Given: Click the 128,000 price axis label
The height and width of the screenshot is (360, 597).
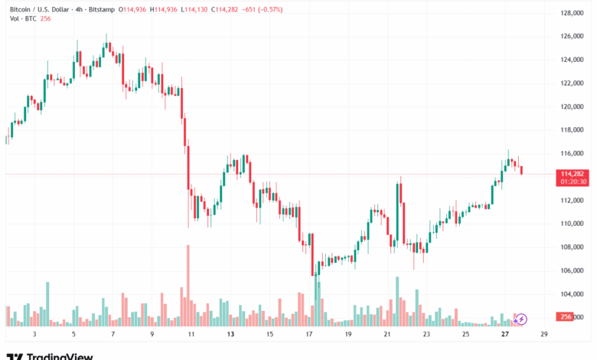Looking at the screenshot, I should (573, 13).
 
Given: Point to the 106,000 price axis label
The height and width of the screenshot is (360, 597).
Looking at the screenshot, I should (573, 270).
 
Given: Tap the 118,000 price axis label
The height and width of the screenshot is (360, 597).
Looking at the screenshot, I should (573, 130).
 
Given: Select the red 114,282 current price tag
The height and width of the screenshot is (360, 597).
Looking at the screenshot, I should (573, 174).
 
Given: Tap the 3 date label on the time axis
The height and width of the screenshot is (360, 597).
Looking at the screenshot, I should (34, 334).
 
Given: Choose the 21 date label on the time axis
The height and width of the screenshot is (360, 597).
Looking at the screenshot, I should (387, 334).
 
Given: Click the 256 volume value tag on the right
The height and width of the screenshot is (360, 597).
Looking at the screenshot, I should (566, 317).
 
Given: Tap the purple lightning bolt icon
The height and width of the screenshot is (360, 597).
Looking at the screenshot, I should (522, 319).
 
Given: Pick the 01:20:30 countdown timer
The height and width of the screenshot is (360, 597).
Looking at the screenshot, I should (573, 182).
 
